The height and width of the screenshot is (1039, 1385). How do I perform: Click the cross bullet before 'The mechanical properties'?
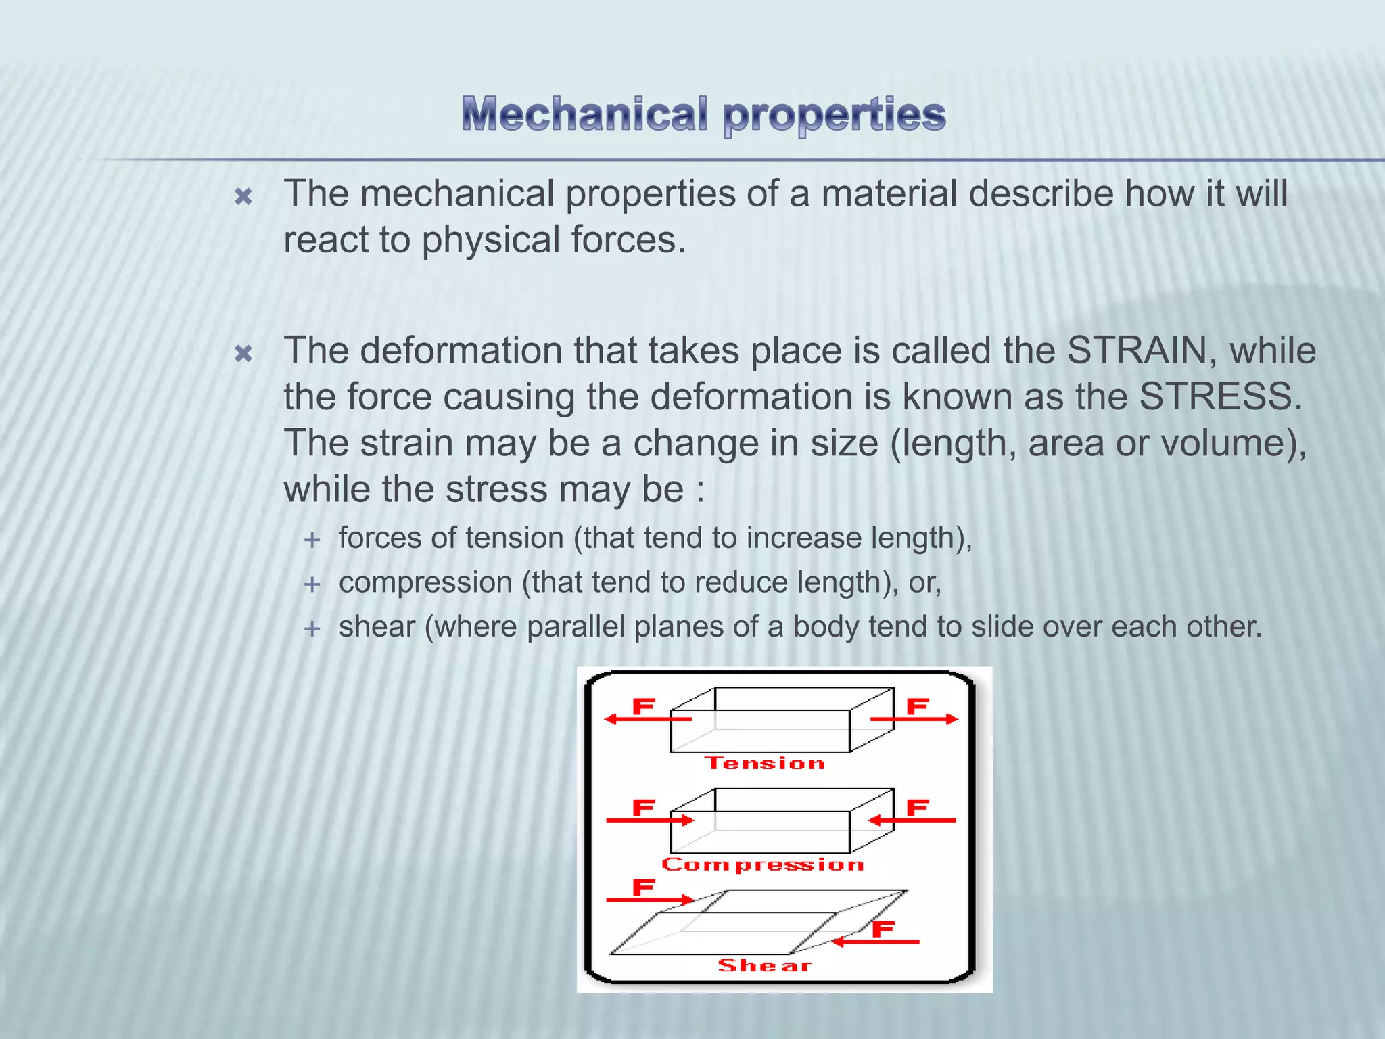point(243,197)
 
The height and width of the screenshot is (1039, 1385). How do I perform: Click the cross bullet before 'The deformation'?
point(243,353)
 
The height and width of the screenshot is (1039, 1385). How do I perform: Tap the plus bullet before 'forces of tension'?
point(312,540)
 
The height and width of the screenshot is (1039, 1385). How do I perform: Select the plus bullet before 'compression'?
point(312,584)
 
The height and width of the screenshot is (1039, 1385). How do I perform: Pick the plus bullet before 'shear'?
point(312,628)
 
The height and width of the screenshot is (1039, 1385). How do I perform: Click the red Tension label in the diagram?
point(765,763)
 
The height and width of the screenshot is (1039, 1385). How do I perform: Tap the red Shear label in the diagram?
point(765,965)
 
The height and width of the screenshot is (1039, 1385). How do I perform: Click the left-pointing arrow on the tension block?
point(646,719)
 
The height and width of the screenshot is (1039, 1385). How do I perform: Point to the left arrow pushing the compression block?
point(649,821)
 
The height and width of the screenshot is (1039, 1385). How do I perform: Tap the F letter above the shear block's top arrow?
point(643,887)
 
